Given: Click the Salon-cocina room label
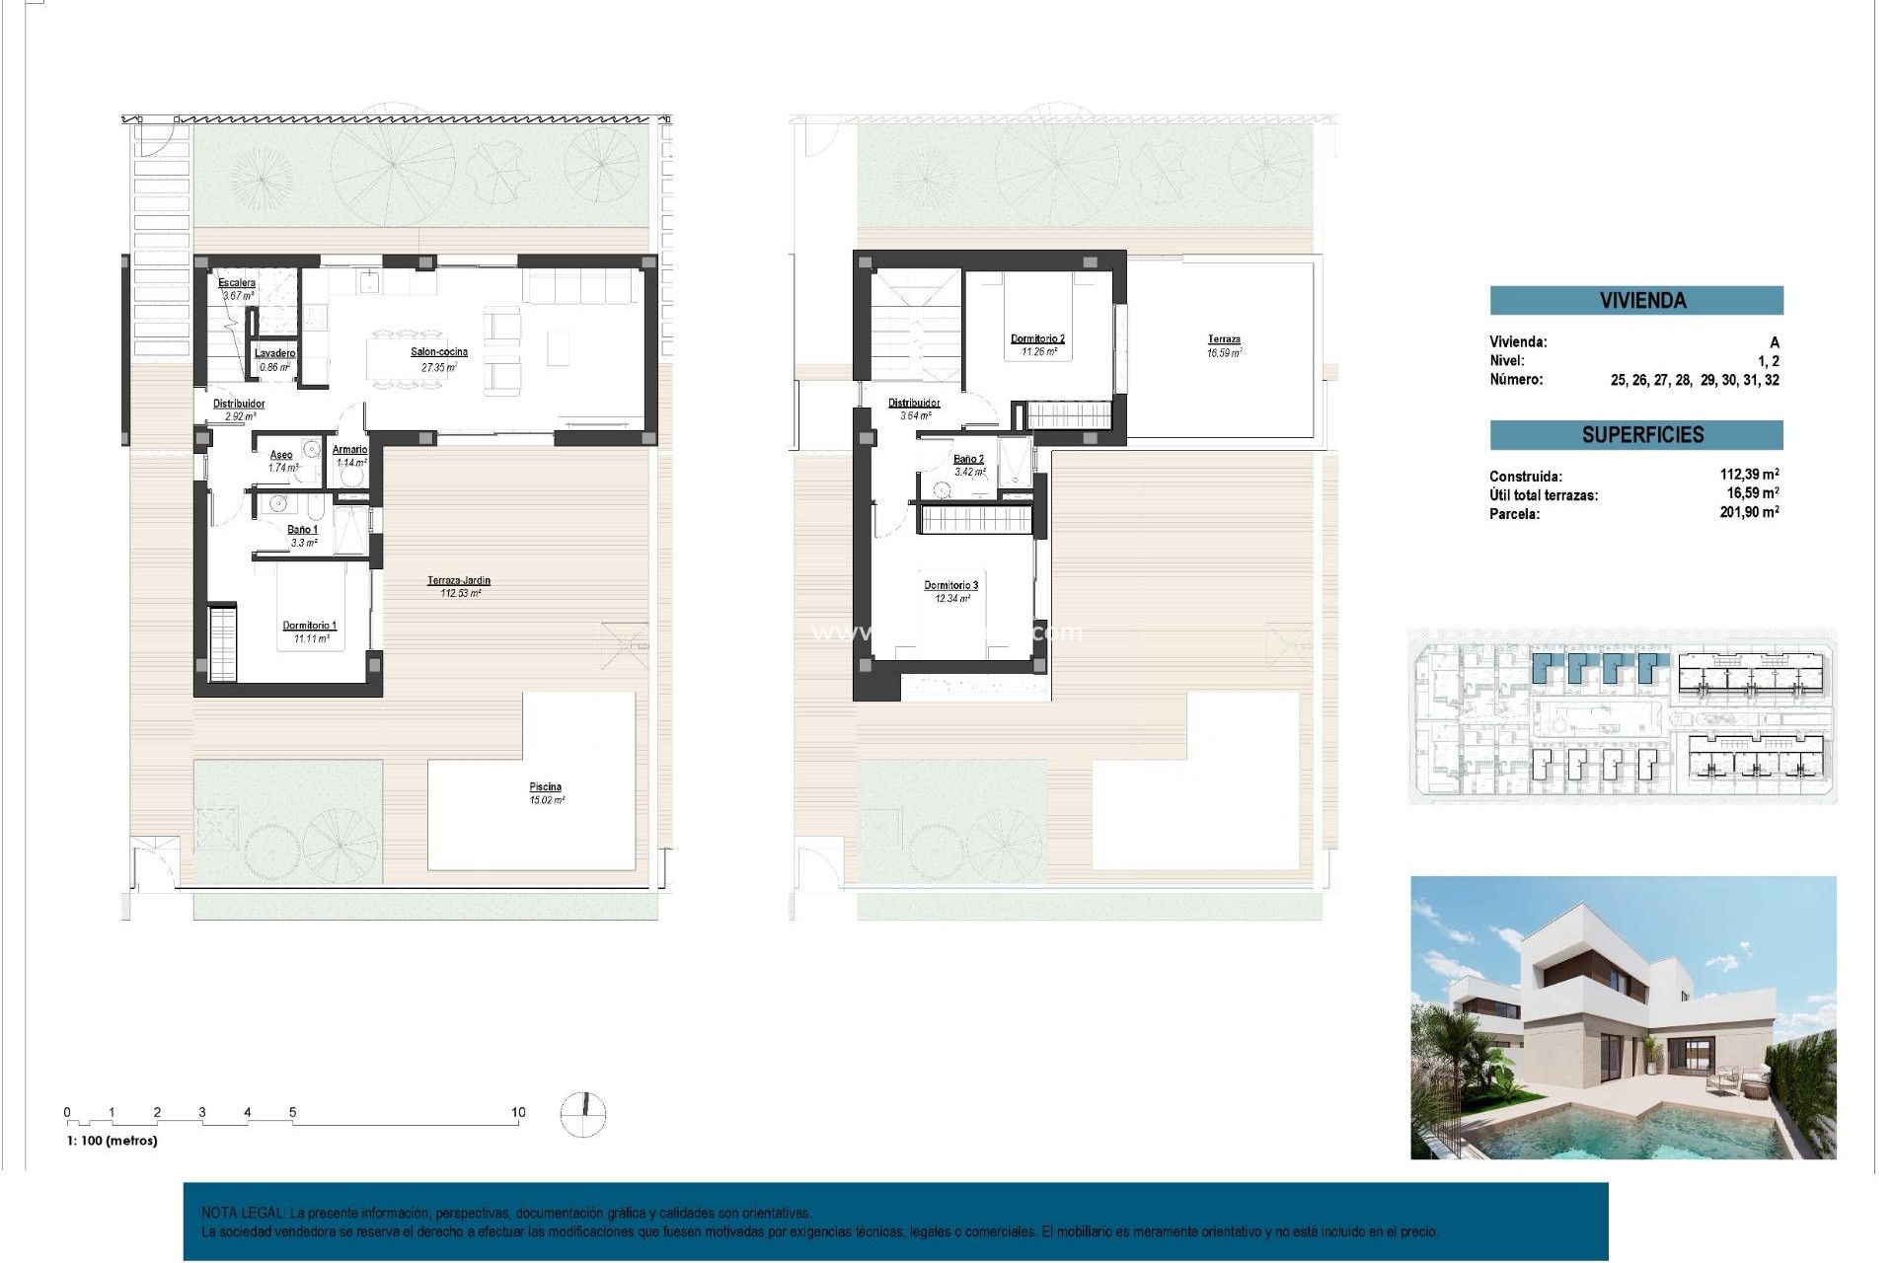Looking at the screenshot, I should (x=439, y=352).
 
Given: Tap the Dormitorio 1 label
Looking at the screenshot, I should (x=310, y=626).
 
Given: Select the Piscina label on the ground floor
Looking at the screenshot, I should (x=546, y=787).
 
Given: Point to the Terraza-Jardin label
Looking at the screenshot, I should (x=459, y=581).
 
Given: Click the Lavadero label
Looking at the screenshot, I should (x=275, y=353).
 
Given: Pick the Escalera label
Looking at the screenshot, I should (x=237, y=283).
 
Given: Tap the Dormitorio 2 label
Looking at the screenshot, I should (x=1037, y=339).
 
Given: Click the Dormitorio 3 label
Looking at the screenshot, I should (x=951, y=586).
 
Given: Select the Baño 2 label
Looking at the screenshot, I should (x=969, y=460).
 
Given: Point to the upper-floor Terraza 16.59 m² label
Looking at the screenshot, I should (x=1224, y=340).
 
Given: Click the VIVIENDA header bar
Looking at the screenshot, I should (x=1636, y=301).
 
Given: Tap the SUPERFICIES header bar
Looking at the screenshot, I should (x=1636, y=435).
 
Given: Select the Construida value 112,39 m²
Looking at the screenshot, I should (x=1749, y=475).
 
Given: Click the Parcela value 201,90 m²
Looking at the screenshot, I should (x=1749, y=512).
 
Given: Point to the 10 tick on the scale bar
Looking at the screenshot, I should (x=518, y=1113).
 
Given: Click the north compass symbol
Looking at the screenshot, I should (x=583, y=1114).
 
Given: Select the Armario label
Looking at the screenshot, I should (x=350, y=450).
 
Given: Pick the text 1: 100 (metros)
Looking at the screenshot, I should (x=112, y=1141).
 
